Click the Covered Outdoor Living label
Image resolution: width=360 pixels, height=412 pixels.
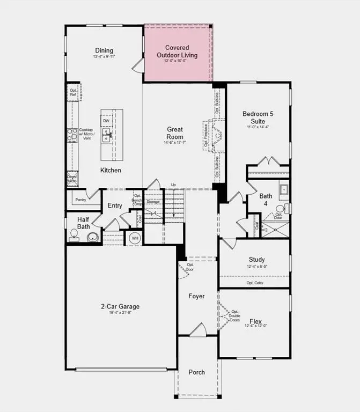(x=177, y=51)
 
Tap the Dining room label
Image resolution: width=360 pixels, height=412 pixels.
(x=104, y=50)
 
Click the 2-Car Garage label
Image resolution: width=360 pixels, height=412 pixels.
(x=120, y=306)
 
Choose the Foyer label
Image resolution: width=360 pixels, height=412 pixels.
(x=196, y=296)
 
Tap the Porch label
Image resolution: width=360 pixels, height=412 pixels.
(x=196, y=372)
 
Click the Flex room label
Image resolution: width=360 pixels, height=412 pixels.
(x=255, y=321)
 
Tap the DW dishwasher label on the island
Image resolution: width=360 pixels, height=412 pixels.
(x=106, y=121)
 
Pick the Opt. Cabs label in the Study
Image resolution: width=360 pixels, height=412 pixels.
(x=255, y=283)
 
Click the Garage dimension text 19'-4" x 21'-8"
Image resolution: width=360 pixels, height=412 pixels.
(x=120, y=313)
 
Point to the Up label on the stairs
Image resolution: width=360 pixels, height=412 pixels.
(x=173, y=185)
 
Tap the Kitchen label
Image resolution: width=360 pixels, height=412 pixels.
(x=111, y=170)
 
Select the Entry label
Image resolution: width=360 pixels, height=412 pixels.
(x=115, y=205)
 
